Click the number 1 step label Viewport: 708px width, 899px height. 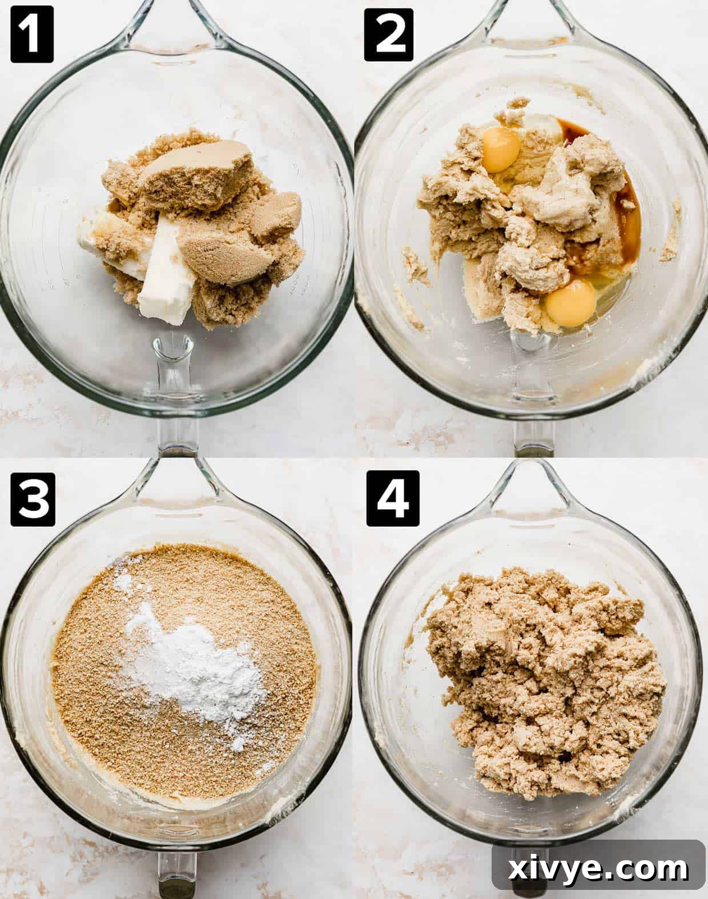point(32,35)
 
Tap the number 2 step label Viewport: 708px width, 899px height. point(388,35)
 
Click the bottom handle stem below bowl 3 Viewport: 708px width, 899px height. point(171,879)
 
